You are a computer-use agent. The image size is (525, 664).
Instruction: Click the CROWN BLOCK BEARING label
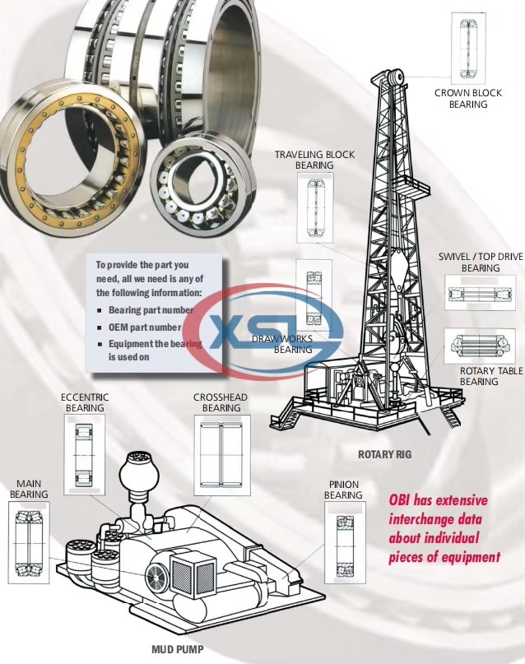coord(468,98)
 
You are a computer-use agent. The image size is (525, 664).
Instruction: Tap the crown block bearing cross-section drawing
coord(468,49)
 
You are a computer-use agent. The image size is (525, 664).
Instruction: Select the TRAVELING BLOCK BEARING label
coord(314,160)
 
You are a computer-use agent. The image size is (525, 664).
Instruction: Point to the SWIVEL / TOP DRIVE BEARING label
coord(481,262)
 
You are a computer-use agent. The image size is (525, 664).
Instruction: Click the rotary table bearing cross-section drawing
coord(480,346)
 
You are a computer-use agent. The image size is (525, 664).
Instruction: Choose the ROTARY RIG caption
coord(384,454)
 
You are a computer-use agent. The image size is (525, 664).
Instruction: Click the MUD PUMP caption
coord(178,649)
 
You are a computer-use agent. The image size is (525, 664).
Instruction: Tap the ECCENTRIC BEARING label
coord(85,402)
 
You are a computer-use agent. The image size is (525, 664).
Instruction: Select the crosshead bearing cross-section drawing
coord(222,455)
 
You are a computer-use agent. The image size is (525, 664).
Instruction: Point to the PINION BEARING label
coord(343,490)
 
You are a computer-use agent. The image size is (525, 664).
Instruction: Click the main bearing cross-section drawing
coord(29,542)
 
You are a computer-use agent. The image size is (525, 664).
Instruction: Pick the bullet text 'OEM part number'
coord(145,327)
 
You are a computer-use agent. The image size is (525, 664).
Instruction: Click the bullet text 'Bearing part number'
coord(151,310)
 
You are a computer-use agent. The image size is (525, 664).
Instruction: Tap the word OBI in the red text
coord(399,500)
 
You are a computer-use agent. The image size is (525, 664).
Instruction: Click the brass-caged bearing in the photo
coord(71,156)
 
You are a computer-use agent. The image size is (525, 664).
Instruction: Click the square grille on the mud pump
coord(193,575)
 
